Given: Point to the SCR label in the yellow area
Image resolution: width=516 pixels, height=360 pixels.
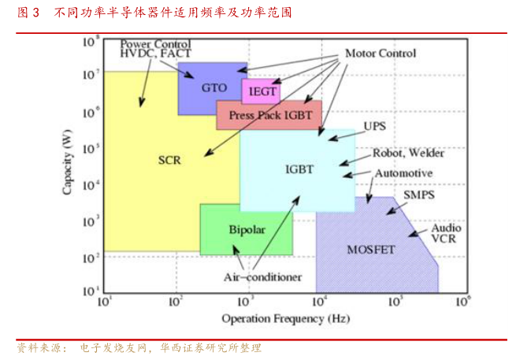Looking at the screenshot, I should [169, 161].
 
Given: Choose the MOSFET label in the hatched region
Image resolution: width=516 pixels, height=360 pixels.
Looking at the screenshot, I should [370, 250].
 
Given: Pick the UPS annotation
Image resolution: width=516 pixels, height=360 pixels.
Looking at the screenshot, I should [373, 126].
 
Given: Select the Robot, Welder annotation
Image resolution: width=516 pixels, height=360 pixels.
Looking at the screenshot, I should [403, 153].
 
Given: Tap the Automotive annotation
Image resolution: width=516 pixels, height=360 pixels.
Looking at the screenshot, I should [403, 173].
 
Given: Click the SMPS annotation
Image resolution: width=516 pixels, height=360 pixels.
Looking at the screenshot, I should [419, 195].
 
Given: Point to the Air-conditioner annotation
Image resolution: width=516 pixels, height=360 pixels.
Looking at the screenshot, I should [262, 276].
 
